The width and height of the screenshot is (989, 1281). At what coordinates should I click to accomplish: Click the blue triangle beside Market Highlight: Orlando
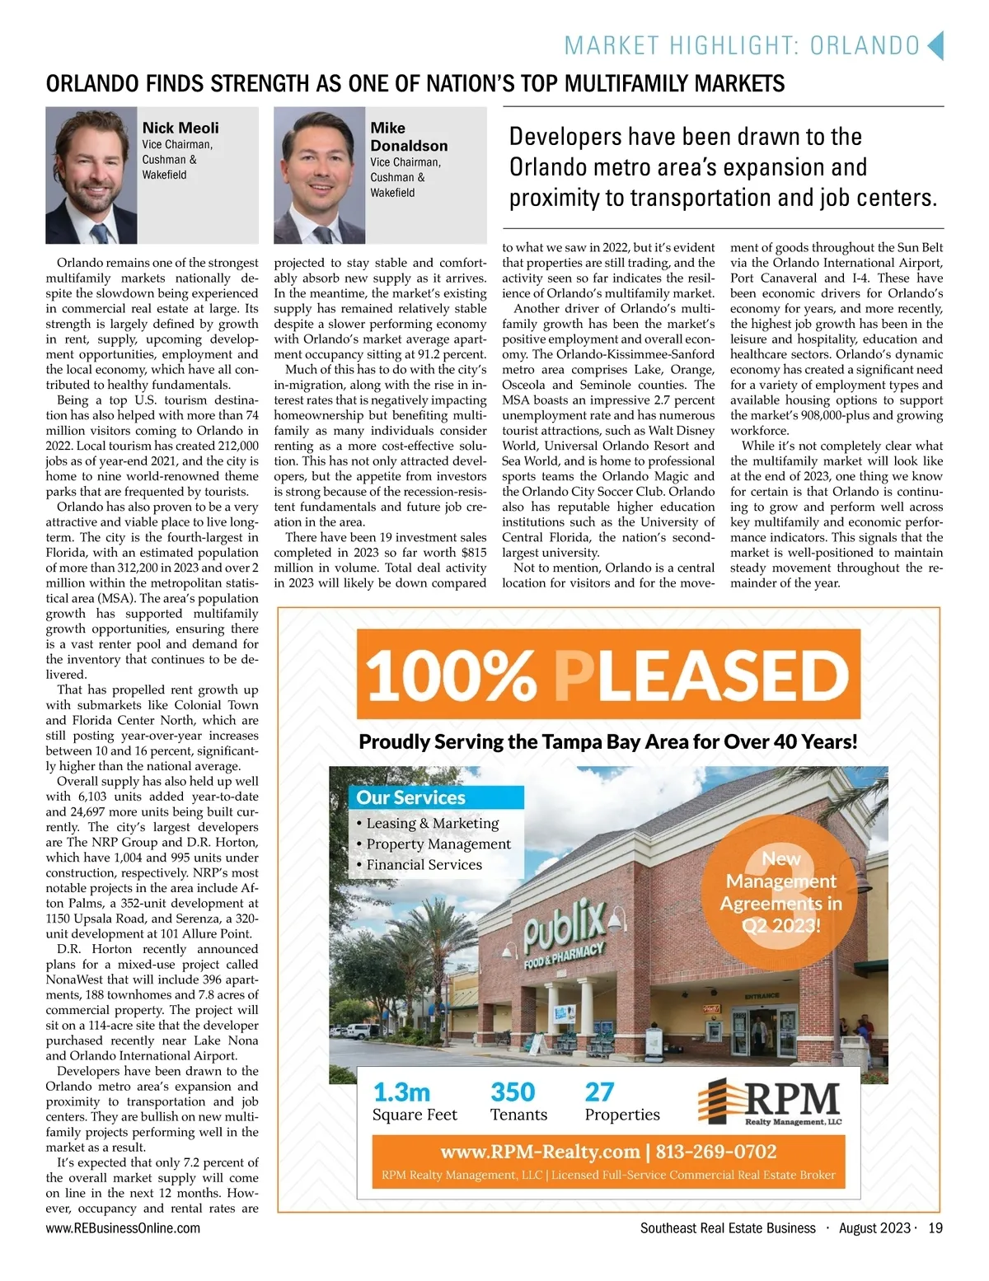pos(935,45)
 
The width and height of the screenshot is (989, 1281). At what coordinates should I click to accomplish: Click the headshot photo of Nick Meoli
pos(91,175)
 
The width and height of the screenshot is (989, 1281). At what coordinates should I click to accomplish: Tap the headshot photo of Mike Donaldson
pos(319,175)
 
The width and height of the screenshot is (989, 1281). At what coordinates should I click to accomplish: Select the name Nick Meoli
pos(180,128)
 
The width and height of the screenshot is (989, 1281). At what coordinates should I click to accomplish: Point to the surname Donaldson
pos(409,146)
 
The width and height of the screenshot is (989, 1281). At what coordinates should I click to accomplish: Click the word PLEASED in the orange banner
pos(701,675)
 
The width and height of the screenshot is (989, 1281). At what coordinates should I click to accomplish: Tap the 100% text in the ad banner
pos(451,675)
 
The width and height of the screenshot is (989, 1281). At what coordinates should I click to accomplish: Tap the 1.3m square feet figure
pos(401,1092)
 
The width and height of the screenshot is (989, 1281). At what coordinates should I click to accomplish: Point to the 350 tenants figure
pos(513,1092)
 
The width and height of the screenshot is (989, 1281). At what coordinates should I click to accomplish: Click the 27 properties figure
pos(599,1092)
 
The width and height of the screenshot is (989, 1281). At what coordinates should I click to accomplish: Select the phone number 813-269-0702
pos(716,1151)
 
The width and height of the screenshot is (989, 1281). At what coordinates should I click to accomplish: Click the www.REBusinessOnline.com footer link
pos(123,1228)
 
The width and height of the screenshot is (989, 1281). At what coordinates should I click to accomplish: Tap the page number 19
pos(935,1228)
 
